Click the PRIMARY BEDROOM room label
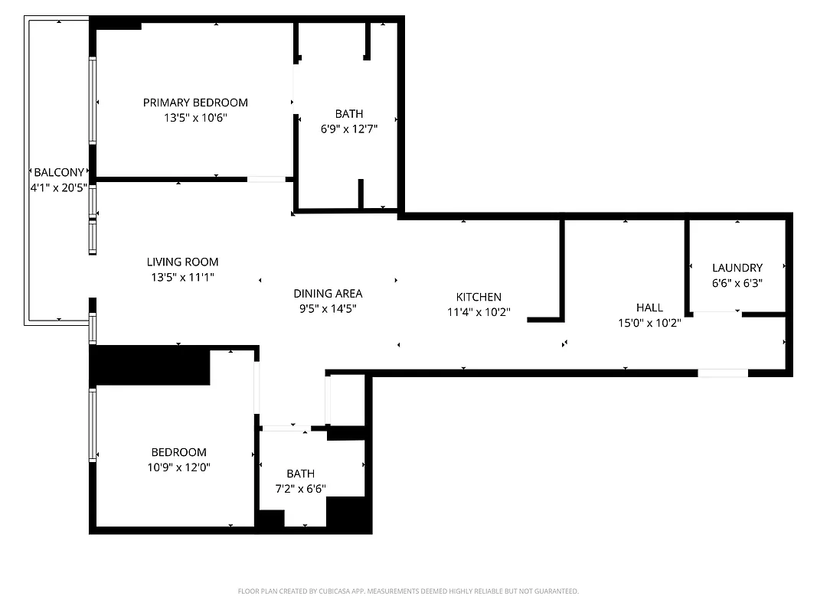[x=195, y=103]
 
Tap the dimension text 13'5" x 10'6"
[x=195, y=118]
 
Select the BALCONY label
[x=58, y=173]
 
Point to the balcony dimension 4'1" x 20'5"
[x=58, y=187]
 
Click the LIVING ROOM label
[x=182, y=262]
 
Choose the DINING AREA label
[x=328, y=293]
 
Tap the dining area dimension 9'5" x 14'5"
[x=328, y=308]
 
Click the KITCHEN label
[x=479, y=297]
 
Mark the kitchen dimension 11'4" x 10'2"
[x=479, y=312]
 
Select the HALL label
[x=649, y=308]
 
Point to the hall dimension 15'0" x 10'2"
[x=649, y=323]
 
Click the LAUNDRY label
[x=737, y=268]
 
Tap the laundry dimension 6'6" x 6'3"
[x=737, y=282]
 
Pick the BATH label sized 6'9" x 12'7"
[x=348, y=114]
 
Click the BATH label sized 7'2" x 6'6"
[x=300, y=474]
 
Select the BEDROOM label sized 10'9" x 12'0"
[x=178, y=452]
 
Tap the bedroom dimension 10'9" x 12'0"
[x=178, y=467]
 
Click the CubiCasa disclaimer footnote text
[x=408, y=591]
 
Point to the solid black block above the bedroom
[x=150, y=366]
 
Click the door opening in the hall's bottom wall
[x=722, y=373]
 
